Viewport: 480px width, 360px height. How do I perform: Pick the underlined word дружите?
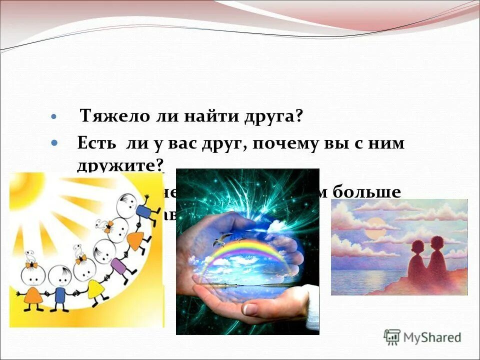(x=120, y=165)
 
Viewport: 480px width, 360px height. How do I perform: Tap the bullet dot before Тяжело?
(x=54, y=116)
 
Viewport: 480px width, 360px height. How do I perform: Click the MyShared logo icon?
(x=392, y=337)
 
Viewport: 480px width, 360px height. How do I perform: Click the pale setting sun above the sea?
(x=373, y=233)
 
